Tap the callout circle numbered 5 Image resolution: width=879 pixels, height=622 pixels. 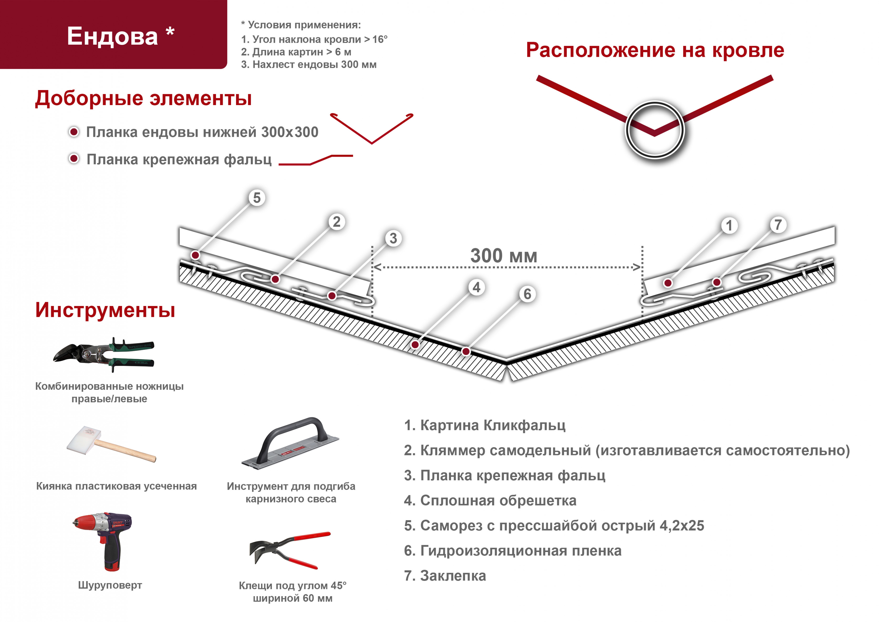point(257,198)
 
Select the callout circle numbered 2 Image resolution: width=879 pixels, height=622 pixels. point(337,221)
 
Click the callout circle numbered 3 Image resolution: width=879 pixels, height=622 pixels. point(393,238)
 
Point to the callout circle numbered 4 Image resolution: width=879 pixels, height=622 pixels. point(476,287)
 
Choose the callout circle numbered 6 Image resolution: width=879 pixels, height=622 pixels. point(527,294)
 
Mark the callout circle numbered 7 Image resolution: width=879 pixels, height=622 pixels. point(778,225)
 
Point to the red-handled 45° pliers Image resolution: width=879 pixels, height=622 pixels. point(290,550)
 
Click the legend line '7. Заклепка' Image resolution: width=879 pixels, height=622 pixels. point(445,576)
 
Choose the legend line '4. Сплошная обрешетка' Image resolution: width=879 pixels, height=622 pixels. point(490,500)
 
